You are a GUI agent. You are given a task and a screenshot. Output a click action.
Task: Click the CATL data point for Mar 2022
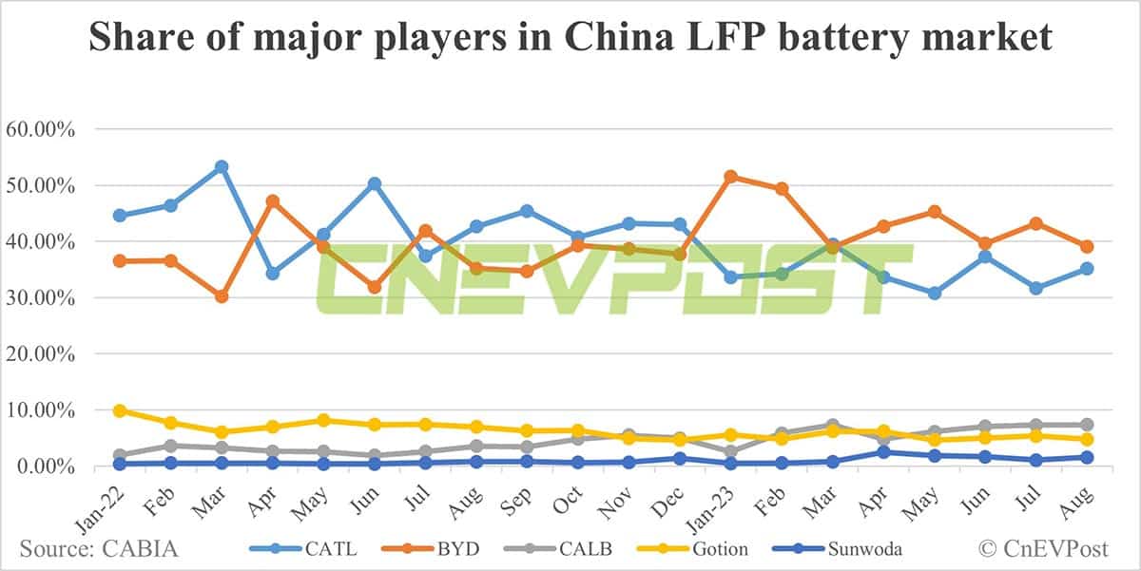tap(222, 167)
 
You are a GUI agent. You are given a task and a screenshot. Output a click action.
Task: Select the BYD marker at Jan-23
tap(731, 177)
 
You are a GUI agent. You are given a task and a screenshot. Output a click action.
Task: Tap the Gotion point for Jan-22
tap(120, 410)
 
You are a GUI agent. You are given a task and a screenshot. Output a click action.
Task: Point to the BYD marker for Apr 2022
tap(273, 201)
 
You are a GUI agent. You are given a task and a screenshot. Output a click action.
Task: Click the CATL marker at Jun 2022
tap(375, 183)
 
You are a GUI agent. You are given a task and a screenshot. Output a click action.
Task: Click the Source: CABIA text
tap(99, 548)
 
